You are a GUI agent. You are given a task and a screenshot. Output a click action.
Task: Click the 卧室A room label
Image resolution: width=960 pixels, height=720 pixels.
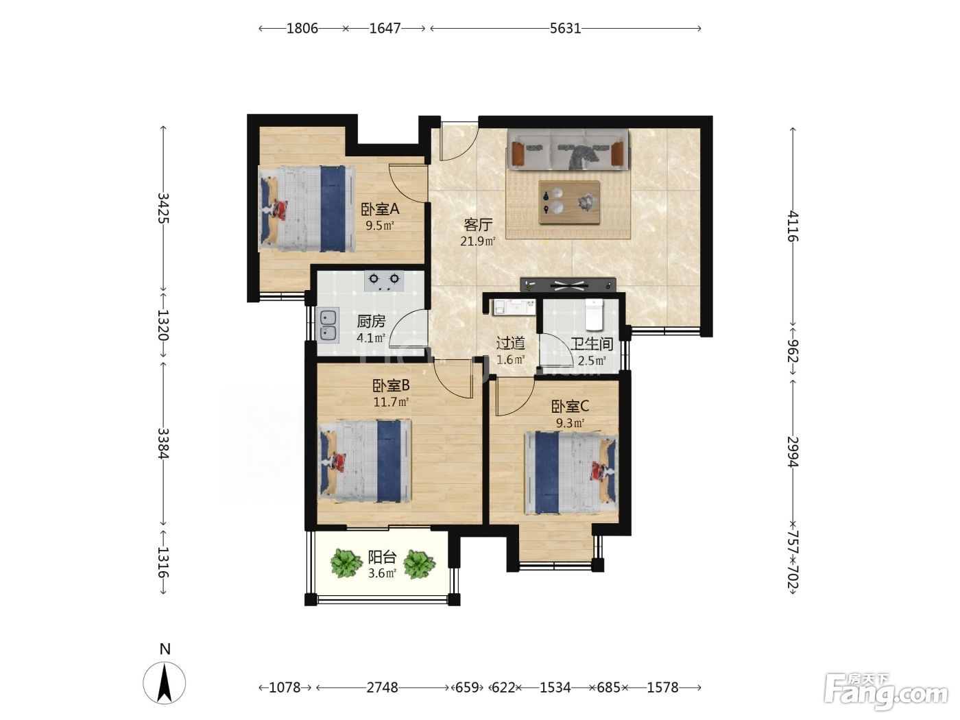click(x=380, y=209)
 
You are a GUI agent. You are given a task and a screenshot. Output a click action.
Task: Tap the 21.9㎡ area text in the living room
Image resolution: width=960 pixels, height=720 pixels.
click(x=477, y=241)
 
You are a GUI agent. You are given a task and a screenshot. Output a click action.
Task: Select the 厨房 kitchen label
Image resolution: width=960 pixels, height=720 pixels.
click(x=371, y=322)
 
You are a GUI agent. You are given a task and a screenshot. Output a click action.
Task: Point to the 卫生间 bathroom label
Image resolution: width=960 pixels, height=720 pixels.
click(x=591, y=344)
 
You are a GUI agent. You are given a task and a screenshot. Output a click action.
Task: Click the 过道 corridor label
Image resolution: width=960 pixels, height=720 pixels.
click(x=510, y=343)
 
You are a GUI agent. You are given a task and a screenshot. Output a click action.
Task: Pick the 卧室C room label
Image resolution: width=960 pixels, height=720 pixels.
click(x=570, y=407)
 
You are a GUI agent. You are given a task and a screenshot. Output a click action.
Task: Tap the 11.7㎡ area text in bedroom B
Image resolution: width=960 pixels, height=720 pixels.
click(x=391, y=402)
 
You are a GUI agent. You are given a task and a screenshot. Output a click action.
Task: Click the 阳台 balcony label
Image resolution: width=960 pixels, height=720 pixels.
click(x=382, y=557)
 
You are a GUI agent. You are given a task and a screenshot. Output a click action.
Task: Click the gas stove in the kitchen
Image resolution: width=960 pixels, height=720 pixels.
click(x=384, y=281)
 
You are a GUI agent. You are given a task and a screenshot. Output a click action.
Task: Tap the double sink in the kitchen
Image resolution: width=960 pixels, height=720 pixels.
click(x=328, y=325)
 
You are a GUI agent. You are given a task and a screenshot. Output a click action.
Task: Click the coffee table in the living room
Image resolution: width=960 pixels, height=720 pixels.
click(x=569, y=202)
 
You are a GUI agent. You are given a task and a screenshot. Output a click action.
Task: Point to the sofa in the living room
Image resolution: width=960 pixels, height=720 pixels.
click(x=568, y=149)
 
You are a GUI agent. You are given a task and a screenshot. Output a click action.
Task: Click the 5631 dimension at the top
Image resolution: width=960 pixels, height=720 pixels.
click(x=565, y=28)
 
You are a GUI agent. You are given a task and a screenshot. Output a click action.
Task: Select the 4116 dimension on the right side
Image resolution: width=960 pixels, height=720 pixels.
click(x=793, y=226)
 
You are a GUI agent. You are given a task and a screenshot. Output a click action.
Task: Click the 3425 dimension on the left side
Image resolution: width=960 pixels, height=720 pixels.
click(x=163, y=208)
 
